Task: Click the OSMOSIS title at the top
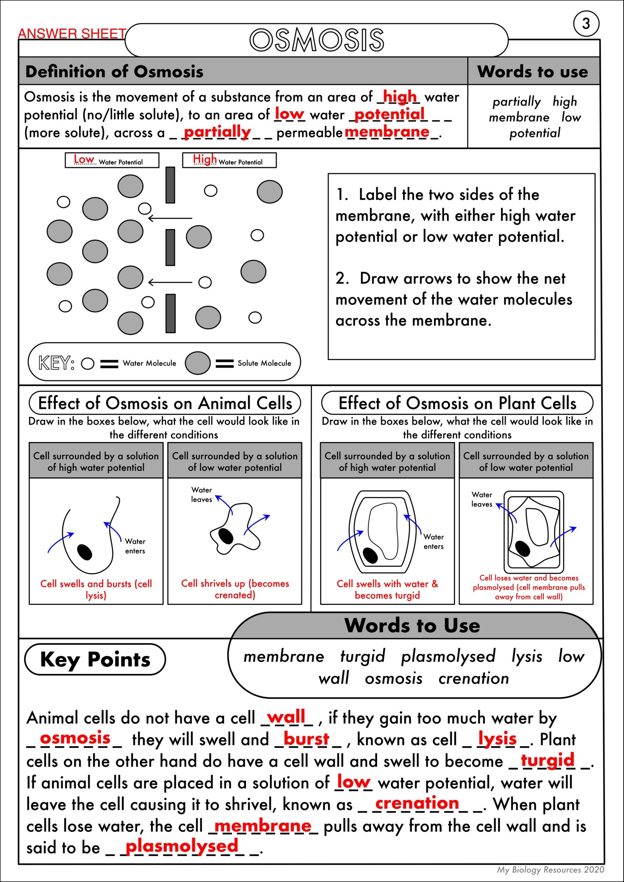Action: [x=317, y=40]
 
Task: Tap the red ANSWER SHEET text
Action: [x=72, y=34]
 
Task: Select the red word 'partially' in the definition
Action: [x=217, y=132]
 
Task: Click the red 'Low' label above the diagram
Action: [x=83, y=159]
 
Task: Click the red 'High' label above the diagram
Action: [x=205, y=159]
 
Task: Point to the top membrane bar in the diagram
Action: [x=170, y=185]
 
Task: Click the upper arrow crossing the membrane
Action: [x=170, y=218]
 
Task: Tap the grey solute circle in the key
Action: [x=197, y=363]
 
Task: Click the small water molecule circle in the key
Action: [x=88, y=363]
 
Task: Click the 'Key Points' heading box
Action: [x=95, y=659]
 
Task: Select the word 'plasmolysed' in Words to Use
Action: [x=448, y=656]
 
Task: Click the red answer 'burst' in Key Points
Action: [x=306, y=739]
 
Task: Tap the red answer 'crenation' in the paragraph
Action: [x=417, y=803]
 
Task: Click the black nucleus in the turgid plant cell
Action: [x=370, y=555]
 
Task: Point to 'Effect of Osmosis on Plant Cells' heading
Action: [x=457, y=403]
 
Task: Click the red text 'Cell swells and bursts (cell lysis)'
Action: [x=96, y=589]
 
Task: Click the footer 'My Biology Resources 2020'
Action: [x=550, y=869]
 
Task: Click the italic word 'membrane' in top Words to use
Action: [x=519, y=117]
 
